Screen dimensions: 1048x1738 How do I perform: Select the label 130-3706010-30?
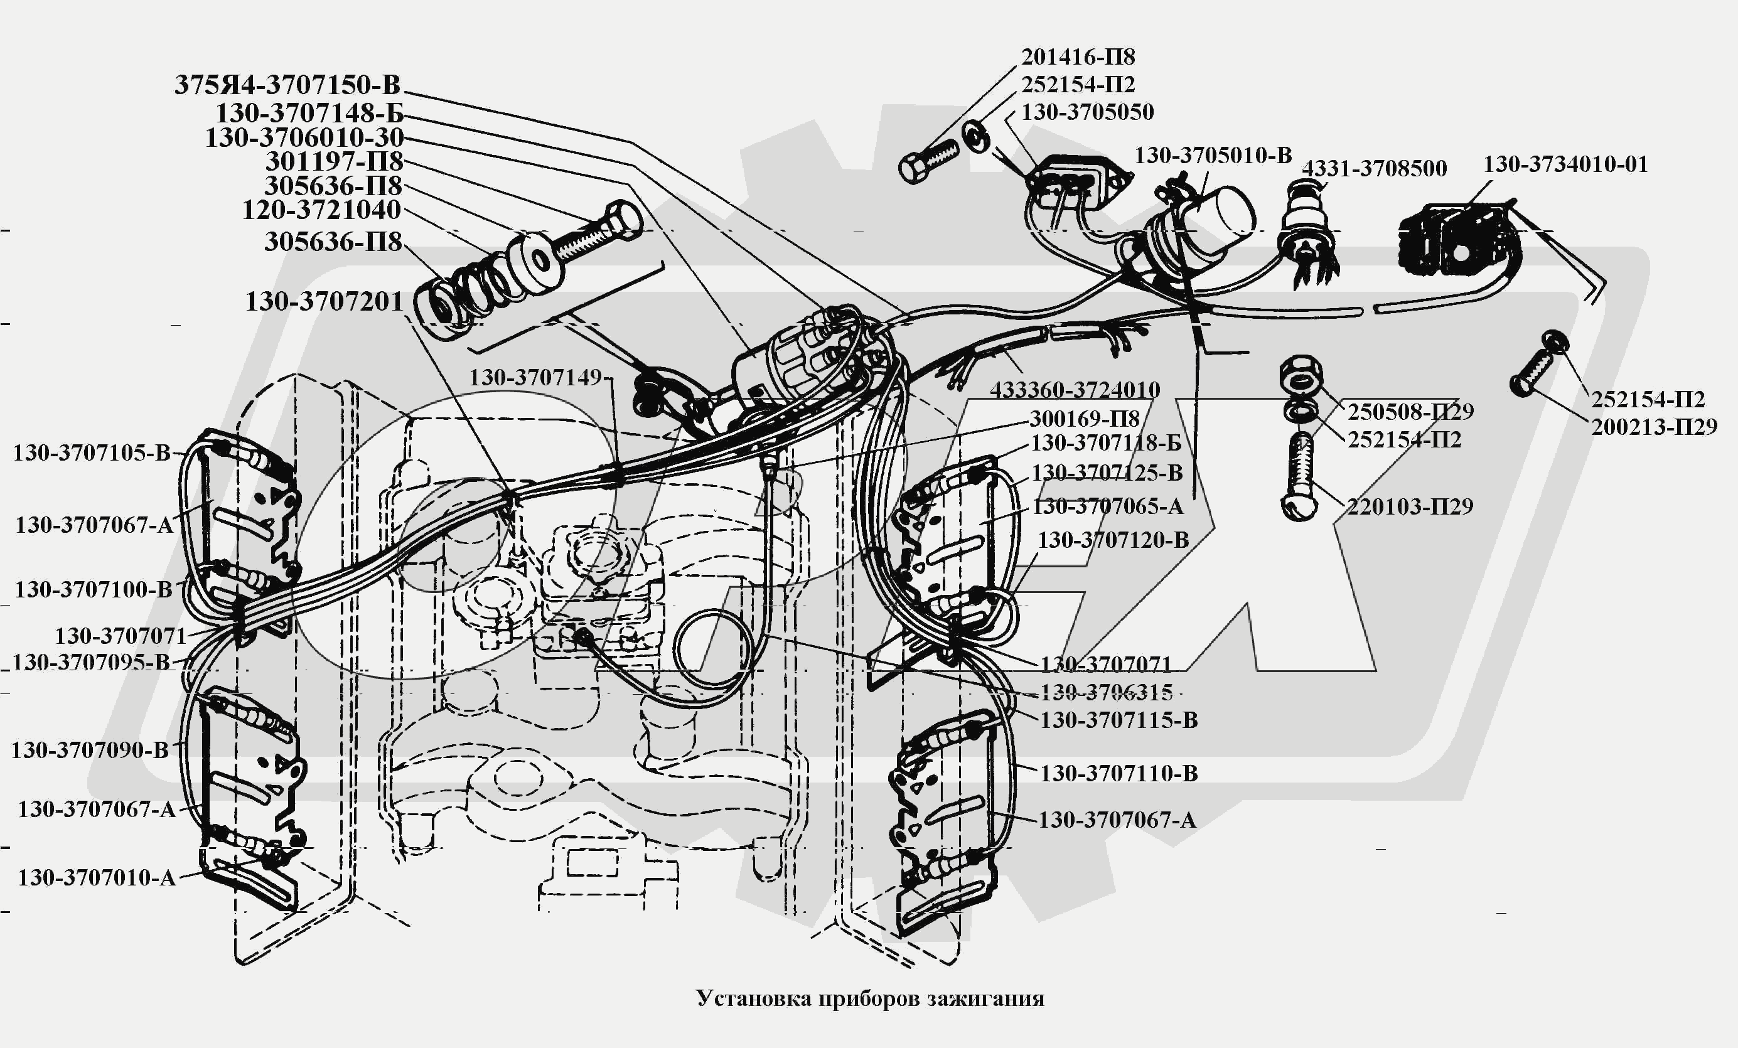[304, 137]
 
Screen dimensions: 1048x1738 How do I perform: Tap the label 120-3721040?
[321, 210]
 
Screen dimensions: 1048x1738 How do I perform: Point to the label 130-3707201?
[324, 302]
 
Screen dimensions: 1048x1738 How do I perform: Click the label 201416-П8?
[1078, 56]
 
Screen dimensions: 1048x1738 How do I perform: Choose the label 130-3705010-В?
[1213, 156]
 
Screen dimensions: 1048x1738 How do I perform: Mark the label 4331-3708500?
[1373, 169]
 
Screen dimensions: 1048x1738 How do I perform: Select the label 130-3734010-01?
[1565, 164]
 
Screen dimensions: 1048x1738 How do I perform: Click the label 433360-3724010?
[1075, 389]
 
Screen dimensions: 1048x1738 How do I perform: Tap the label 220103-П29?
[1410, 506]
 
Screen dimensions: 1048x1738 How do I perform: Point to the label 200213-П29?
[1653, 427]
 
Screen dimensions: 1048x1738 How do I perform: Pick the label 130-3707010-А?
[97, 878]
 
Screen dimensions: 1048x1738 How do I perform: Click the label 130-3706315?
[1106, 693]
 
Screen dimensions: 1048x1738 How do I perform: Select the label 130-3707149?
[535, 378]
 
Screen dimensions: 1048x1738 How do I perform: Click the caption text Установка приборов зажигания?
[870, 998]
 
